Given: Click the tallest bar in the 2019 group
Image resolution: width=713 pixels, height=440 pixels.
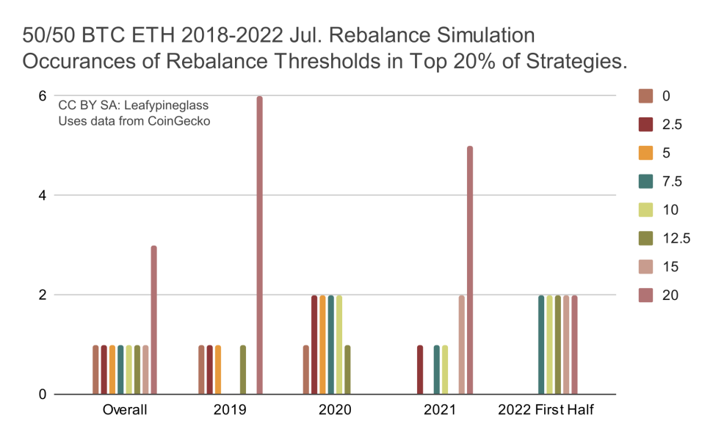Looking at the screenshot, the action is click(x=260, y=246).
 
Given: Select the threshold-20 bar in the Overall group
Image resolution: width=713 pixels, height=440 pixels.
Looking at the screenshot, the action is click(x=154, y=320).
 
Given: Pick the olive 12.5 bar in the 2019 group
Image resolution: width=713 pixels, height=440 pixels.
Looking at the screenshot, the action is click(x=243, y=370).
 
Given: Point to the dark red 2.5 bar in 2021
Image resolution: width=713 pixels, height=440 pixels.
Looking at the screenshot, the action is click(x=420, y=370).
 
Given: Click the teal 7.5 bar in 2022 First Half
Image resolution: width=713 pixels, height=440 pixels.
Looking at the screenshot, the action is click(x=541, y=345).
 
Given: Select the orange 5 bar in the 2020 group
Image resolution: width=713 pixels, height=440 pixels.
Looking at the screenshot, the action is click(x=322, y=345).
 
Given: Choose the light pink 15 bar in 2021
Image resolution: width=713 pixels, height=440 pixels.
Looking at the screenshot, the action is click(x=462, y=345).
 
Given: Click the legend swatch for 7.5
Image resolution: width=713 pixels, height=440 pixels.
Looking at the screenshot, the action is click(x=646, y=181).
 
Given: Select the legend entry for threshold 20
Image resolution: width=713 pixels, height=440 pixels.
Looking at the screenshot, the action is click(x=670, y=296).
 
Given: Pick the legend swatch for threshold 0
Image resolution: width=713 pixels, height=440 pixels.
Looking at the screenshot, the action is click(x=646, y=95).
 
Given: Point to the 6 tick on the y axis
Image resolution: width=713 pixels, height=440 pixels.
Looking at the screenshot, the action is click(x=43, y=96).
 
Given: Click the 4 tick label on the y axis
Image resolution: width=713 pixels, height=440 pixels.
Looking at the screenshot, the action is click(x=43, y=196).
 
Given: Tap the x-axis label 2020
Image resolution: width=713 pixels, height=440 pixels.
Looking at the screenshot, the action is click(x=335, y=410).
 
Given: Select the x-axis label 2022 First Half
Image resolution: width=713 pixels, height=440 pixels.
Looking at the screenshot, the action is click(x=546, y=410).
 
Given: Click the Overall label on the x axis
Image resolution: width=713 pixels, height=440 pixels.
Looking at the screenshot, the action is click(x=125, y=410).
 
